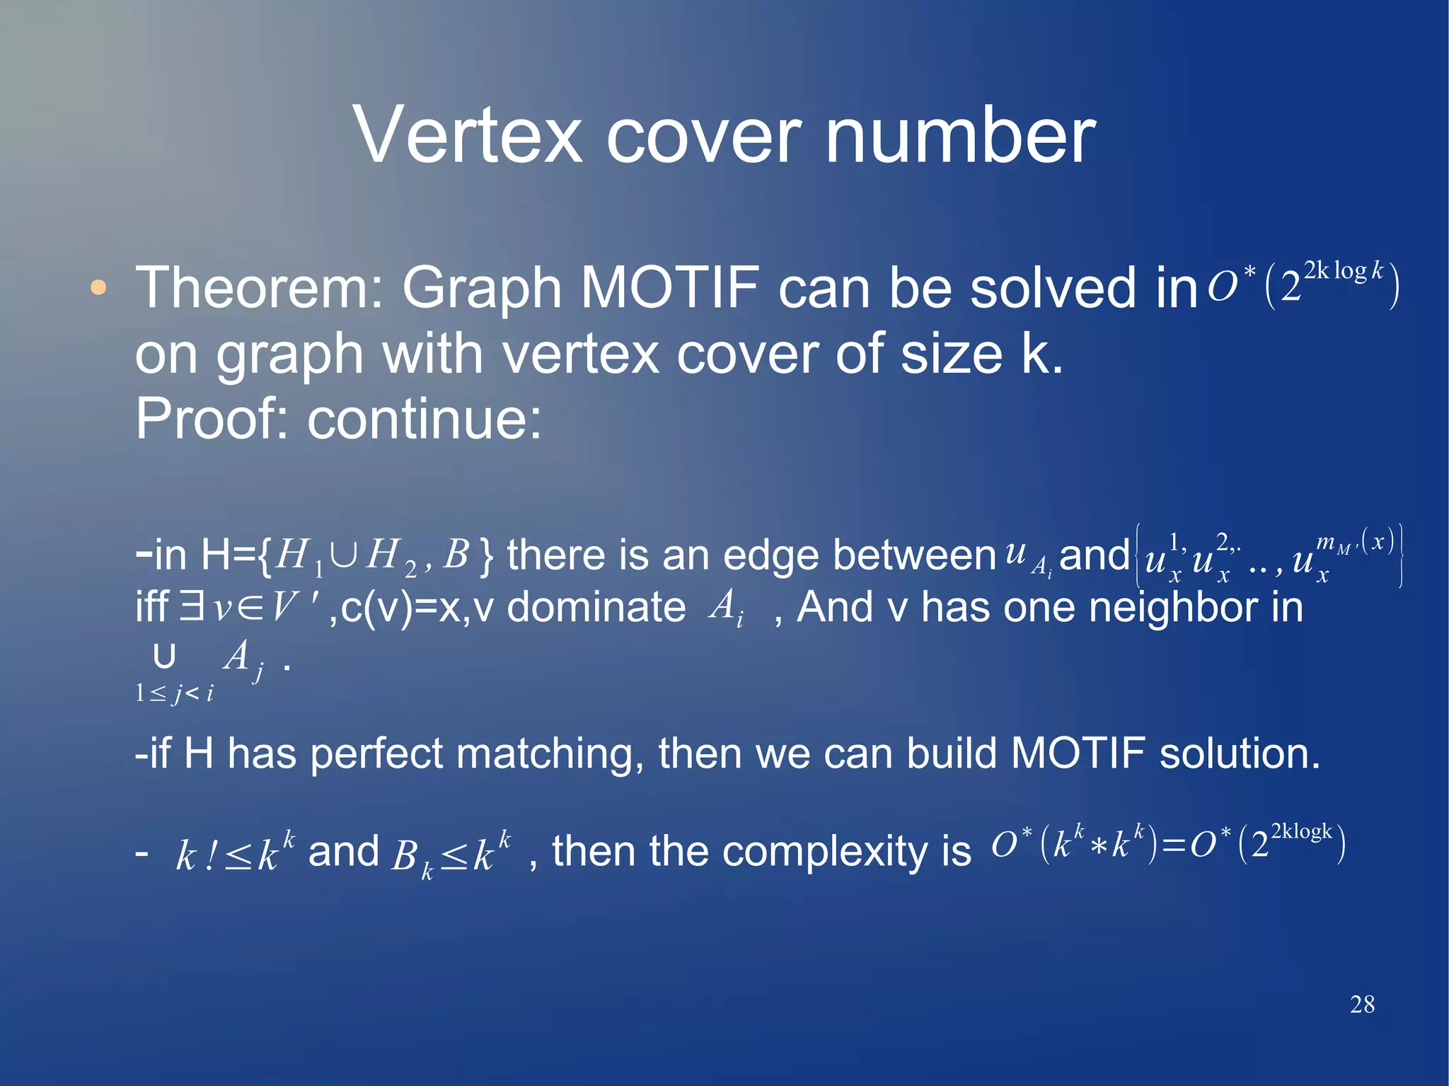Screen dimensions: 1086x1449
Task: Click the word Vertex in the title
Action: tap(468, 134)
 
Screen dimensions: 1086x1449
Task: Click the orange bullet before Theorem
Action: tap(99, 288)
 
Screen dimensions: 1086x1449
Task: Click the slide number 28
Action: tap(1362, 1004)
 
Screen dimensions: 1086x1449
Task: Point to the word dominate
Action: tap(596, 608)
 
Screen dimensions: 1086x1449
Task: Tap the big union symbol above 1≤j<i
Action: tap(164, 657)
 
